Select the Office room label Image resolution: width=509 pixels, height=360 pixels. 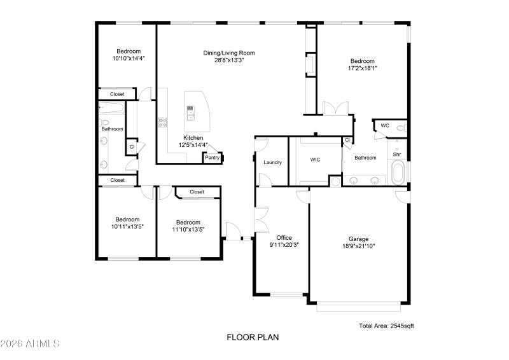[284, 237]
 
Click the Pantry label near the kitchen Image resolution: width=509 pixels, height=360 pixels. [212, 158]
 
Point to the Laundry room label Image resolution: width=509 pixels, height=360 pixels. [272, 163]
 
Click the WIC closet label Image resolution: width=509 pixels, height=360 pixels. [315, 160]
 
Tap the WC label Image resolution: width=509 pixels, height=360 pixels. [384, 126]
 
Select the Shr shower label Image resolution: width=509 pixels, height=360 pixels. [396, 154]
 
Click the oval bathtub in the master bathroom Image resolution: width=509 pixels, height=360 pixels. [398, 172]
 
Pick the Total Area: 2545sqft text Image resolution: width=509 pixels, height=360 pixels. [387, 326]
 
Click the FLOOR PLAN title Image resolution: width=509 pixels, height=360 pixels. [253, 338]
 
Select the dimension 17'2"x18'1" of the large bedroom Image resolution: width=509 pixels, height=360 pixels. [362, 68]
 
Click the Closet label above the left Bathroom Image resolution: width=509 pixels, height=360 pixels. [117, 94]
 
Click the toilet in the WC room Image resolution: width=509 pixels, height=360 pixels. [400, 128]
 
